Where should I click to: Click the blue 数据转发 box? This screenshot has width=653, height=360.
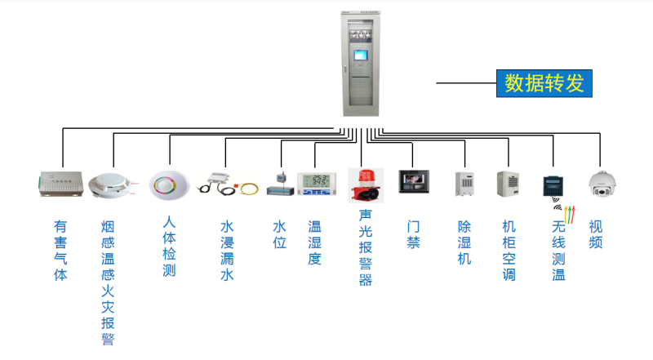543,83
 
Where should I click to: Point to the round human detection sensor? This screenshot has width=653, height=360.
169,184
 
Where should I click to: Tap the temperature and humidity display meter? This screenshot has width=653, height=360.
316,184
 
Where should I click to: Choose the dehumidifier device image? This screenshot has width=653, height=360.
464,184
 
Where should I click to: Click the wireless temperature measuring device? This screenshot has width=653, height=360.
554,185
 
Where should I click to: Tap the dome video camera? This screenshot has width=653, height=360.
601,184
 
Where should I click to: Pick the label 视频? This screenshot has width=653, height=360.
596,234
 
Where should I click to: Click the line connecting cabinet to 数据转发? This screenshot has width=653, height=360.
465,83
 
